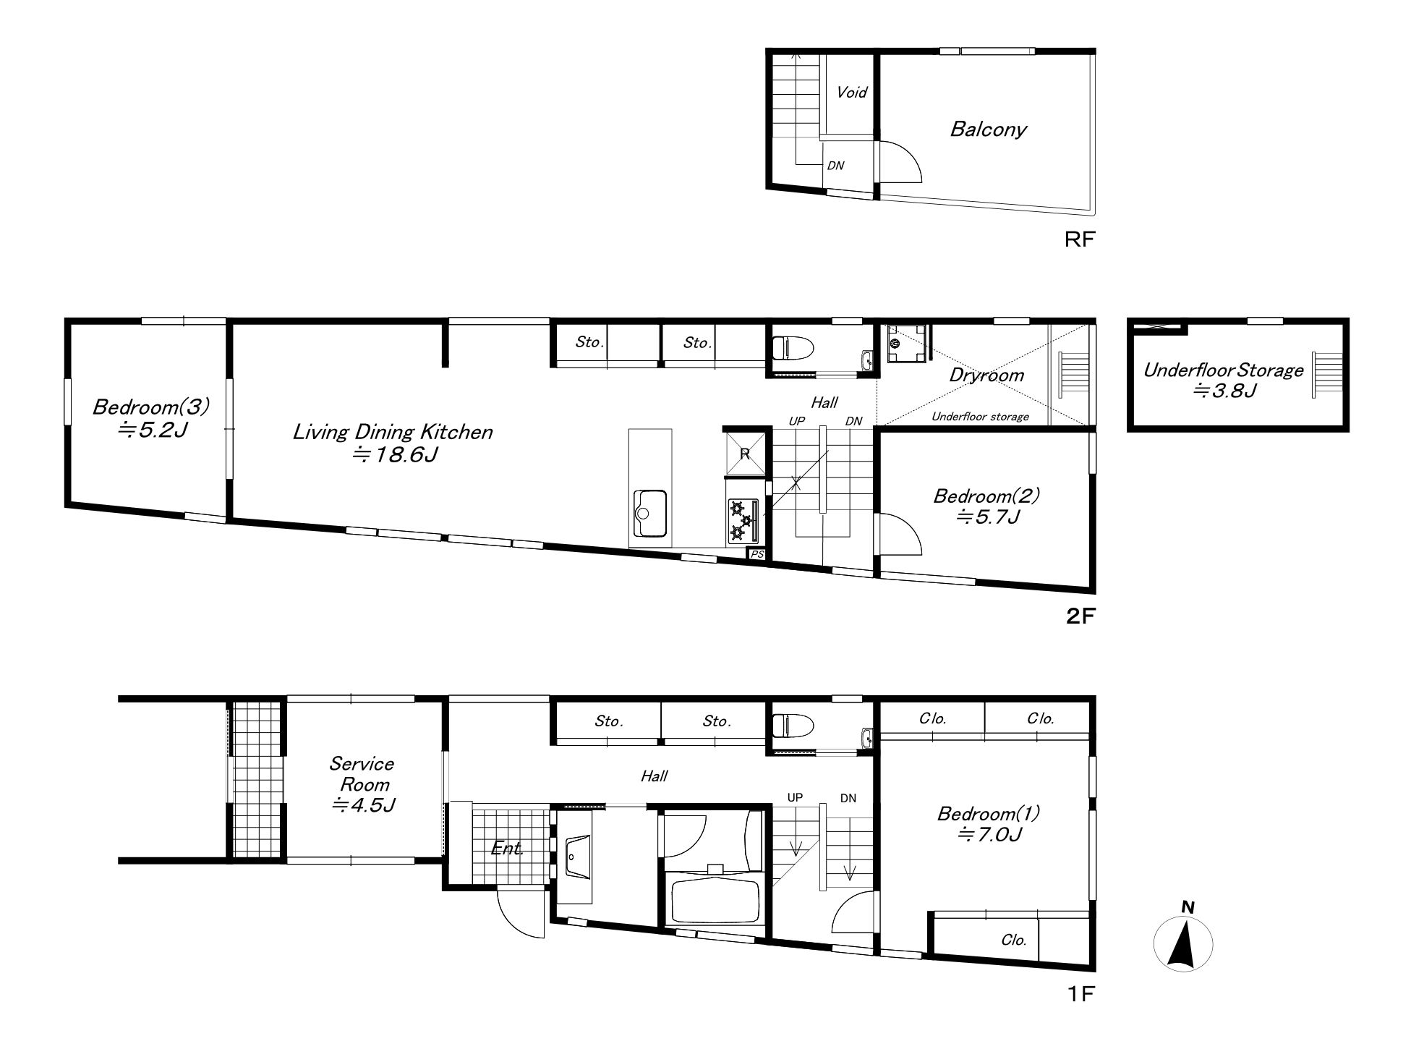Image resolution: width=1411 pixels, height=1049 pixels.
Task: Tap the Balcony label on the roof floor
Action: pos(988,129)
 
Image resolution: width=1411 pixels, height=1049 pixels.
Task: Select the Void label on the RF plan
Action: pos(851,92)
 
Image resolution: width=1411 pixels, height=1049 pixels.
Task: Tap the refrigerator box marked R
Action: pos(744,454)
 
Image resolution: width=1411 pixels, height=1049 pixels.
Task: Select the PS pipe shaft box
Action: pos(757,554)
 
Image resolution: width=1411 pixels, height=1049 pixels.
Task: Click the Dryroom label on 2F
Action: pos(986,375)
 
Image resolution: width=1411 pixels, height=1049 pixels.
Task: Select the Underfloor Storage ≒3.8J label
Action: pos(1223,381)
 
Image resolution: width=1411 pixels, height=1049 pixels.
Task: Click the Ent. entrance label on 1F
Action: pos(507,848)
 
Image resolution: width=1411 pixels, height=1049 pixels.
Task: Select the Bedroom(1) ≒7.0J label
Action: pos(989,824)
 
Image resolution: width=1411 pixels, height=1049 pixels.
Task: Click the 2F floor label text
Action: pos(1081,616)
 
